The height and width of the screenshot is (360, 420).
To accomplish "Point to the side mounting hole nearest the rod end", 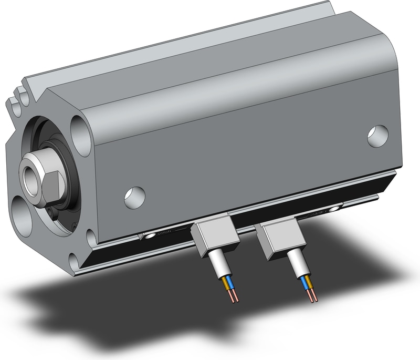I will pyautogui.click(x=134, y=197).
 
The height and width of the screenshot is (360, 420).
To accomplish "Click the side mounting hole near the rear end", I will pyautogui.click(x=377, y=136).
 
